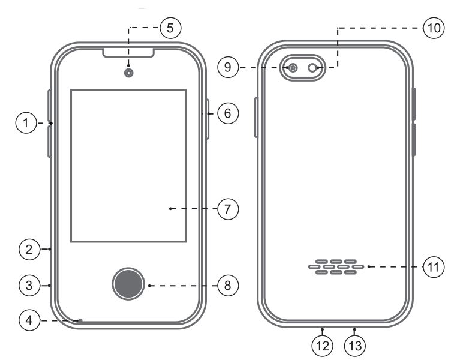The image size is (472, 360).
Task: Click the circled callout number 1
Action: point(26,124)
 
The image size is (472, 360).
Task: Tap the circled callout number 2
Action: point(29,248)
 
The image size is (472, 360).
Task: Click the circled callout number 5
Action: point(170,28)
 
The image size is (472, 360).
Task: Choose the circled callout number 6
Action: point(228,112)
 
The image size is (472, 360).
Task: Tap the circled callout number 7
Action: point(228,209)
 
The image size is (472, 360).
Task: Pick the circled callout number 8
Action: point(228,285)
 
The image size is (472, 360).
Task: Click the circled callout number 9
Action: point(228,68)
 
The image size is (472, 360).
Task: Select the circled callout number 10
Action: point(433,28)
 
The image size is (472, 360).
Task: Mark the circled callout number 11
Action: point(433,266)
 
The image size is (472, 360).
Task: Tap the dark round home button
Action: point(128,284)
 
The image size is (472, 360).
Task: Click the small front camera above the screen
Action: point(128,73)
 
